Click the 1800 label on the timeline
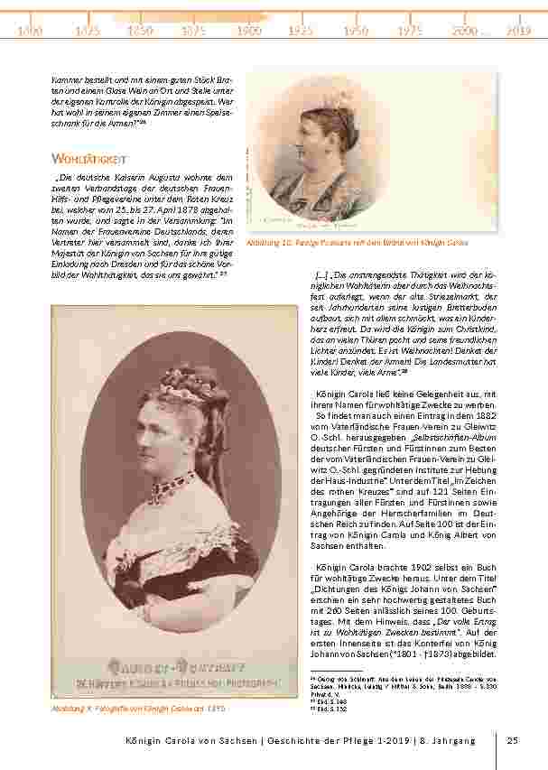tap(30, 31)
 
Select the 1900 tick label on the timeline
tap(249, 31)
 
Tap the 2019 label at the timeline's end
tap(518, 31)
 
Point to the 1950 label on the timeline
tap(356, 31)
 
